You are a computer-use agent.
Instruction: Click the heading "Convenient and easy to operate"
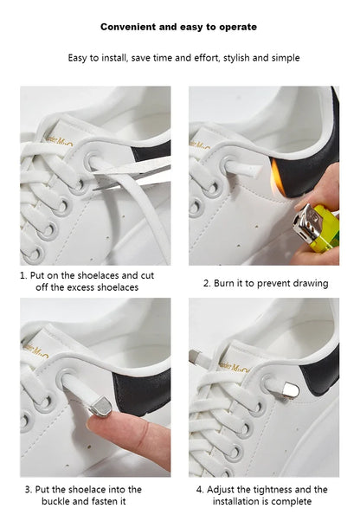[x=178, y=27]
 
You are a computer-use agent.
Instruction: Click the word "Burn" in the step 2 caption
[x=228, y=283]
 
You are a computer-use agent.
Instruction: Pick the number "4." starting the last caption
[x=200, y=490]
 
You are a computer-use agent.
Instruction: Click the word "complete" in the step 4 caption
[x=292, y=501]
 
